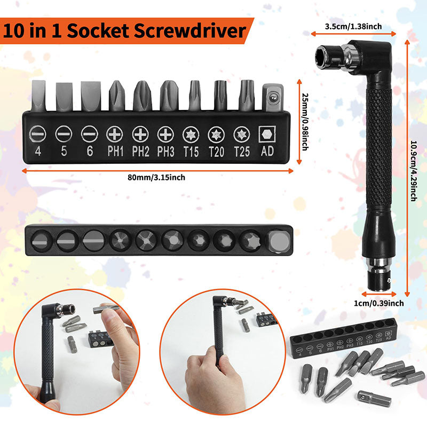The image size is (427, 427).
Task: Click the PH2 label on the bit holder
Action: pos(140,152)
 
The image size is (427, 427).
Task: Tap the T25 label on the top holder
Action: pos(241,152)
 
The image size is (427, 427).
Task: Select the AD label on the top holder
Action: pos(267,152)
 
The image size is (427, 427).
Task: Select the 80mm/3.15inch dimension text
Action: pos(158,177)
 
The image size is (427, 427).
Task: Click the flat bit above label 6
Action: pos(89,97)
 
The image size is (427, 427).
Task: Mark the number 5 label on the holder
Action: pos(64,152)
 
